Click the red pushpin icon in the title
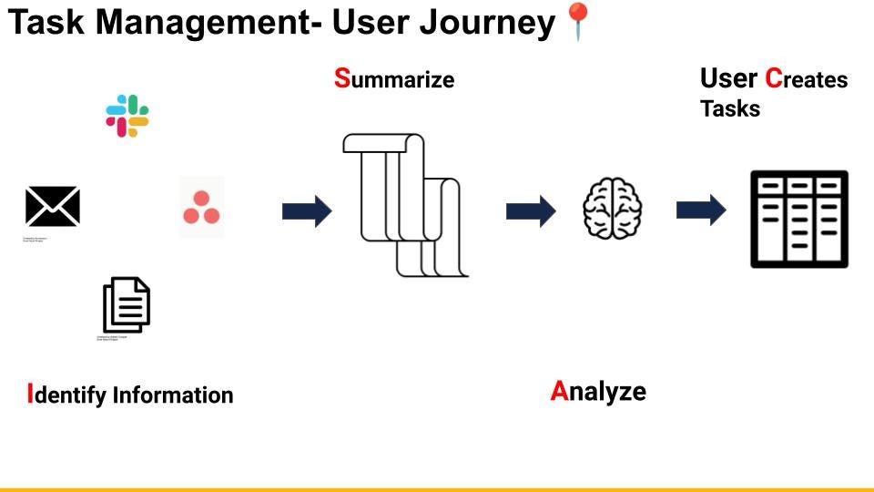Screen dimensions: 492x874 578,21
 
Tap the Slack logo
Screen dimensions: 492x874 127,116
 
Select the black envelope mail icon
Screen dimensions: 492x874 52,206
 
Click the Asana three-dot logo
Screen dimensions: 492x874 201,208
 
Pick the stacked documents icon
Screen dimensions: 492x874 127,305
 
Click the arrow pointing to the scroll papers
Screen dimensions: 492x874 307,211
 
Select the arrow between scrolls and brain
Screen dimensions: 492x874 531,211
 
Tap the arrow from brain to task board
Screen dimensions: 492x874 701,210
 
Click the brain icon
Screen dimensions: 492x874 613,209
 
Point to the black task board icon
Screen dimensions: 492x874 799,219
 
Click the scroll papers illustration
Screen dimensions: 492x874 403,205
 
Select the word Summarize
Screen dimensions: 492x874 394,79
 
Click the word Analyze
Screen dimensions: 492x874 598,392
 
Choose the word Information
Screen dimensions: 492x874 173,395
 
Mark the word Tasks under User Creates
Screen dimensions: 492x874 730,108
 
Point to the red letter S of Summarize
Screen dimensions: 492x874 342,78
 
